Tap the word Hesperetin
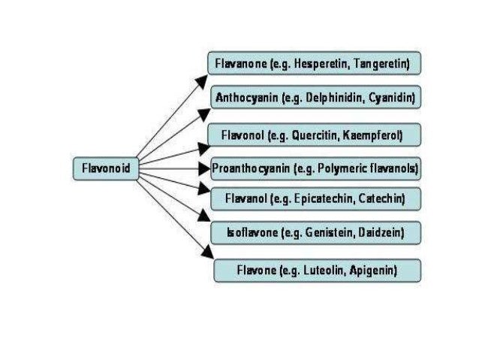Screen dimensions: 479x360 tap(319, 65)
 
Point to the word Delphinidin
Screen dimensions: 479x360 tap(331, 98)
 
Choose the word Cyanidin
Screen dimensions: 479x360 tap(390, 98)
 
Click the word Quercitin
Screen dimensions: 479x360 tap(316, 135)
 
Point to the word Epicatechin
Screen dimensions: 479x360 tap(319, 199)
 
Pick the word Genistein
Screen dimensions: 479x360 tap(327, 233)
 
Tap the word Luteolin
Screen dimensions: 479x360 tap(327, 268)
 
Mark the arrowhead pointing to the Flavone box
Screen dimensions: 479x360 tap(208, 253)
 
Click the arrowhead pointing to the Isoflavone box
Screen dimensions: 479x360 tap(203, 216)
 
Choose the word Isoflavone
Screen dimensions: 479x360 tap(252, 233)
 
